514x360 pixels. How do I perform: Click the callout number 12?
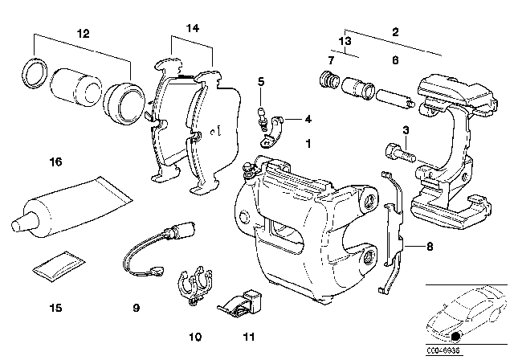pos(84,34)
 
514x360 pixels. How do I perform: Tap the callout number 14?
pos(190,28)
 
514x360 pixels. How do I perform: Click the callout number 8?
pos(430,247)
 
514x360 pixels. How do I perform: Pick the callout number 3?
pos(406,130)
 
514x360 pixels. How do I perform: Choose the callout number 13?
pos(345,39)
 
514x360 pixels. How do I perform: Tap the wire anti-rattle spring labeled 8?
pos(394,233)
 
